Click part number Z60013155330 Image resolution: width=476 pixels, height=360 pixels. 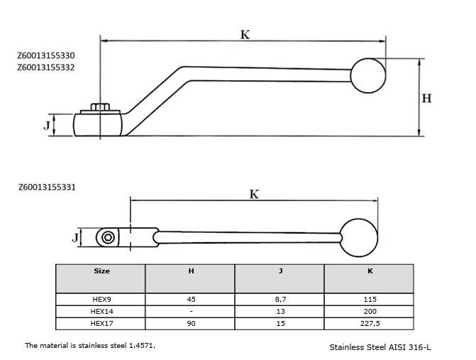pyautogui.click(x=46, y=55)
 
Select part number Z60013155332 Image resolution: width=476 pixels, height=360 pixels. pyautogui.click(x=46, y=67)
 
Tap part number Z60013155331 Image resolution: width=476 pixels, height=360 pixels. pyautogui.click(x=47, y=187)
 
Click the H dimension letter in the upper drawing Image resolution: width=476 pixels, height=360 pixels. pyautogui.click(x=426, y=98)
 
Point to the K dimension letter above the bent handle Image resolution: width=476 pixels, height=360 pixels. pyautogui.click(x=245, y=35)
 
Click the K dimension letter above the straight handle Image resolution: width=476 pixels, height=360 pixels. pyautogui.click(x=254, y=194)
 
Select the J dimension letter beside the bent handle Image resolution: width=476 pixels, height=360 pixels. pyautogui.click(x=46, y=125)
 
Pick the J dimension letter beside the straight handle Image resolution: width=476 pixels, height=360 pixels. pyautogui.click(x=75, y=237)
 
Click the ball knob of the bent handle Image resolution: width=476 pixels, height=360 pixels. pyautogui.click(x=368, y=75)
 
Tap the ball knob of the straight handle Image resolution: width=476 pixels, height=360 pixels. pyautogui.click(x=359, y=238)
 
